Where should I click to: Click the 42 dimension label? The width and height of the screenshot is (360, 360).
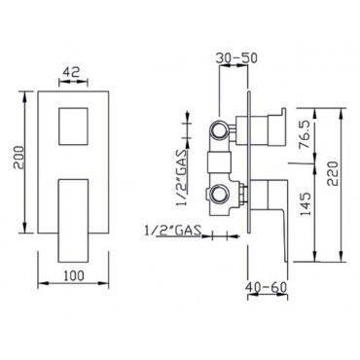click(x=71, y=72)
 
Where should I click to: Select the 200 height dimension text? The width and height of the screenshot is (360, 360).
click(x=18, y=157)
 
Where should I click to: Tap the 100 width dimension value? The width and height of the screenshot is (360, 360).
click(x=74, y=275)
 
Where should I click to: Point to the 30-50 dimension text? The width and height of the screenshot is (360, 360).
click(x=236, y=57)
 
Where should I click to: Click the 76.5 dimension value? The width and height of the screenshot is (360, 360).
click(x=305, y=134)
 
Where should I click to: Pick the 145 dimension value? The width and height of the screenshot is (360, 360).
click(x=305, y=204)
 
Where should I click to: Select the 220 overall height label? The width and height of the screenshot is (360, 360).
click(x=333, y=173)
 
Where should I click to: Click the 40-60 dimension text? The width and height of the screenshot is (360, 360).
click(x=267, y=287)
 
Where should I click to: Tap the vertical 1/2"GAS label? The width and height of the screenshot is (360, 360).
click(x=182, y=177)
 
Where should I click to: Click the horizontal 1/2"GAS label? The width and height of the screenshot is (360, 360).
click(x=172, y=231)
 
